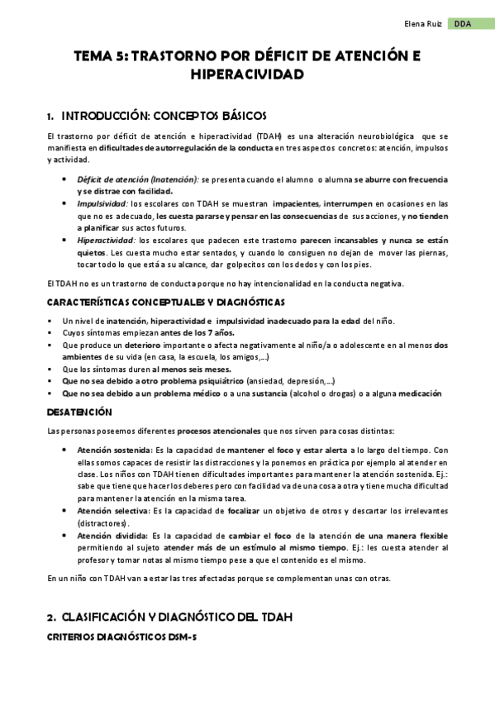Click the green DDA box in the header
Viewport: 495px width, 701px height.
pyautogui.click(x=464, y=25)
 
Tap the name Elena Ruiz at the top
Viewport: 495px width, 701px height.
pyautogui.click(x=423, y=25)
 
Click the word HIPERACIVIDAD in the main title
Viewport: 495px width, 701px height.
pyautogui.click(x=247, y=75)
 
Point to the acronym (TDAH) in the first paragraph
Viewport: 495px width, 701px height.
pyautogui.click(x=266, y=136)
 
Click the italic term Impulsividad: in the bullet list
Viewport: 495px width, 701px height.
pyautogui.click(x=102, y=203)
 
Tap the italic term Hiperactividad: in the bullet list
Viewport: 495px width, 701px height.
pyautogui.click(x=107, y=241)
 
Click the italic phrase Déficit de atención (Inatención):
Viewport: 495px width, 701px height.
pyautogui.click(x=138, y=179)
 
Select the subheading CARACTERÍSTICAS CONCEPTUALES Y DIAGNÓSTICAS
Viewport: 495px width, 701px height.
pyautogui.click(x=166, y=303)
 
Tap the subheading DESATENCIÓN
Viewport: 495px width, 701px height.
pyautogui.click(x=79, y=411)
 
